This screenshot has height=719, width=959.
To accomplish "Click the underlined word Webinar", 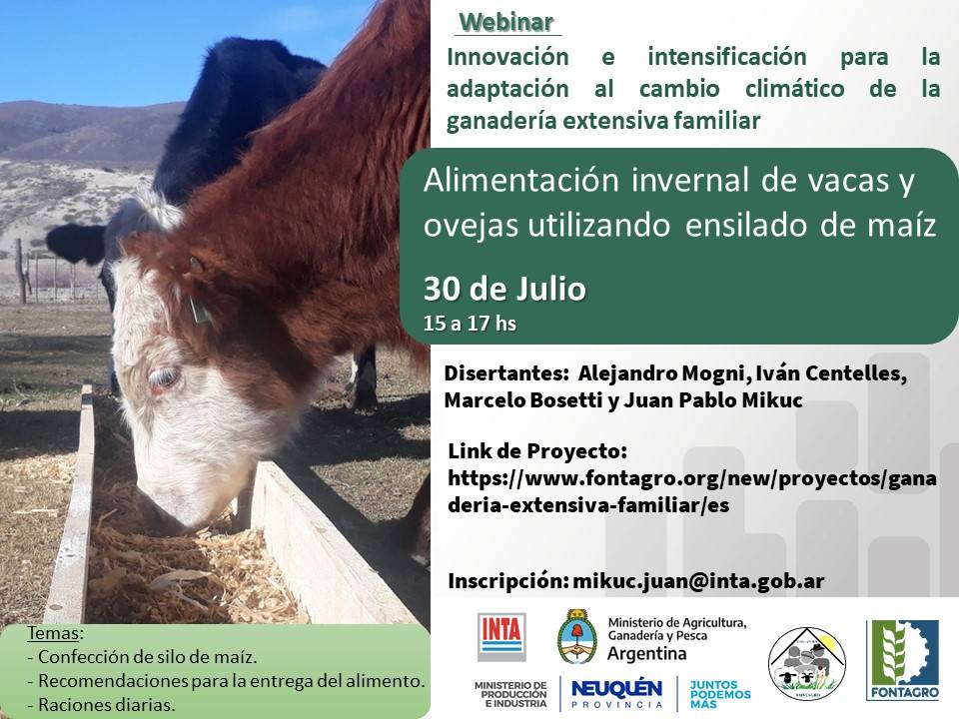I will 506,22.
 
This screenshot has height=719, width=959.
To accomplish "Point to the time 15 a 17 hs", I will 471,323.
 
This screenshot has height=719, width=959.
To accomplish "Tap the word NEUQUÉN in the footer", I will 616,688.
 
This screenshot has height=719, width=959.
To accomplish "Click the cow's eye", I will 163,377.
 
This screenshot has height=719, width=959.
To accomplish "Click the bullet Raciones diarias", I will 106,704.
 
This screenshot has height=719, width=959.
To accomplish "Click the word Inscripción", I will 506,580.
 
